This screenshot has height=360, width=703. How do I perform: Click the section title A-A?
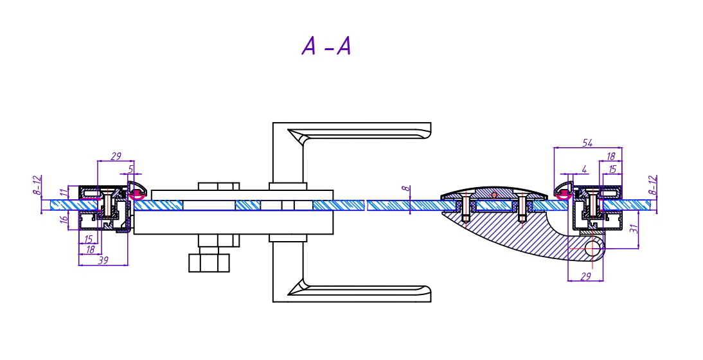pyautogui.click(x=326, y=46)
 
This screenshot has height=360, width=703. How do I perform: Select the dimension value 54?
pyautogui.click(x=587, y=143)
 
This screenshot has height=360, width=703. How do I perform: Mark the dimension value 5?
pyautogui.click(x=132, y=169)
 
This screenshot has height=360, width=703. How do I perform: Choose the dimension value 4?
pyautogui.click(x=583, y=169)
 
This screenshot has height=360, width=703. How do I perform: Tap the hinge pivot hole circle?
pyautogui.click(x=592, y=248)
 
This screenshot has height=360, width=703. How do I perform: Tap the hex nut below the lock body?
pyautogui.click(x=209, y=262)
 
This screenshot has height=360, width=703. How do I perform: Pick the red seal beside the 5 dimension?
pyautogui.click(x=137, y=193)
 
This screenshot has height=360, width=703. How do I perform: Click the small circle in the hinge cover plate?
pyautogui.click(x=493, y=194)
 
